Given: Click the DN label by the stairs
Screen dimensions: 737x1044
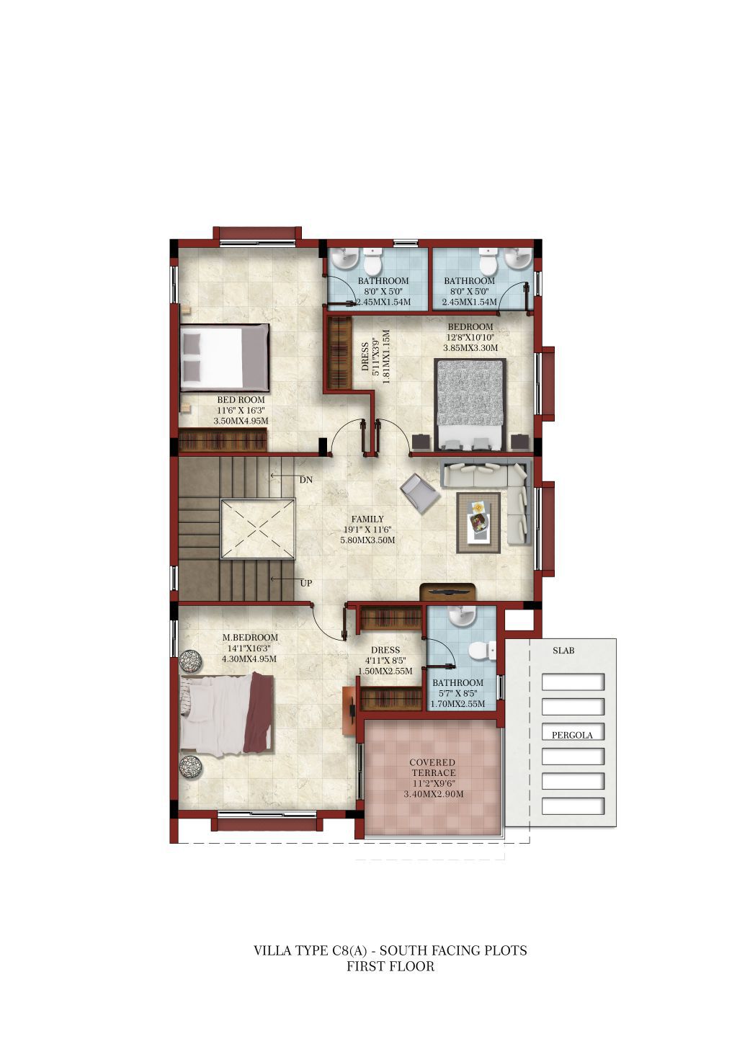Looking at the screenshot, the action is point(305,480).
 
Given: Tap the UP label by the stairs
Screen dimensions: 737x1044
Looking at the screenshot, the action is point(305,583).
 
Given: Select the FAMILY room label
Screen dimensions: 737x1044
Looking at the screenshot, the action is point(367,519).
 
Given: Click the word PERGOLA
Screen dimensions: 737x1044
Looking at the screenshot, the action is point(572,735).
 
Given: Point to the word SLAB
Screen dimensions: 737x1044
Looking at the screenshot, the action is point(563,650).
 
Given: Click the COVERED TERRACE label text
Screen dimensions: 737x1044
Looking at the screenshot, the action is point(432,767).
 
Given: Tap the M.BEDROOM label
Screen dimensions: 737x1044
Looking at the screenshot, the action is point(250,637).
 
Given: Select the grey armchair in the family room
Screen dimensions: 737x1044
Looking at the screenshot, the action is point(419,493).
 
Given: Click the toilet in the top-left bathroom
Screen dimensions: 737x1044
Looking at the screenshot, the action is point(372,262).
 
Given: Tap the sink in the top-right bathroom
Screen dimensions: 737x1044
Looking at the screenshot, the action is point(517,259).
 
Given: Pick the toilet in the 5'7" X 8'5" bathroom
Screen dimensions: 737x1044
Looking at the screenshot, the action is point(478,651).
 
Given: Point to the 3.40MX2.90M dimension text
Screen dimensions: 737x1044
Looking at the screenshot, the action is point(433,794).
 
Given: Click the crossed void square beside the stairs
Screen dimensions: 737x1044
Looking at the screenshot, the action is point(258,528).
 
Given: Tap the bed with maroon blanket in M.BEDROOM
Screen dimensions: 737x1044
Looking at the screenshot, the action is point(227,713).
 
